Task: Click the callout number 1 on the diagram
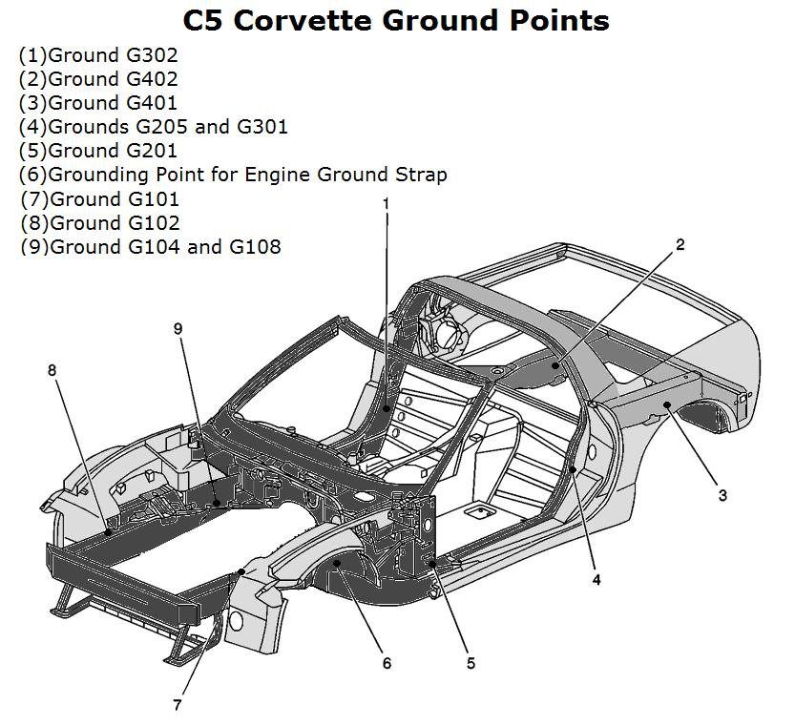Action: pyautogui.click(x=386, y=203)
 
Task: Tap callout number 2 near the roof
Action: pyautogui.click(x=680, y=245)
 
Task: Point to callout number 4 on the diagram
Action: pyautogui.click(x=596, y=579)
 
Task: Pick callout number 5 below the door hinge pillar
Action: pyautogui.click(x=471, y=663)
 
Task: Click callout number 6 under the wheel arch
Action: pyautogui.click(x=387, y=663)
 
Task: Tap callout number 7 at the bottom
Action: pyautogui.click(x=177, y=706)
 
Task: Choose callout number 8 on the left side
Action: pyautogui.click(x=52, y=369)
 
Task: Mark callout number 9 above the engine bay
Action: pyautogui.click(x=178, y=328)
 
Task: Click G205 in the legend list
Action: pyautogui.click(x=157, y=127)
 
